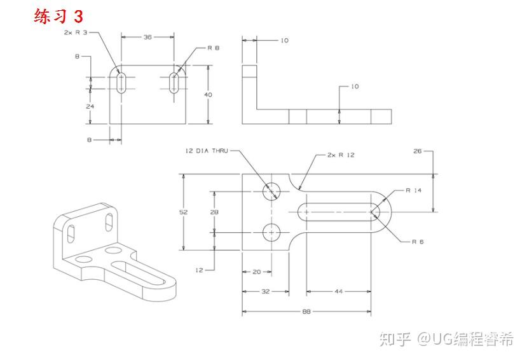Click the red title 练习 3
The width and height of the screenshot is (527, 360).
click(58, 16)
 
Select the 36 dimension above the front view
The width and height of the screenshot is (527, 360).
click(147, 38)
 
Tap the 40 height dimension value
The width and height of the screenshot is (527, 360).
click(208, 94)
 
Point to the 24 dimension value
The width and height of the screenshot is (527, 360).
click(90, 106)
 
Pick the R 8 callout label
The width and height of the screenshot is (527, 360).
click(213, 48)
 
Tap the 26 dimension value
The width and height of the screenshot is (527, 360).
click(417, 151)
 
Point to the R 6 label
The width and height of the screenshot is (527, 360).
click(418, 242)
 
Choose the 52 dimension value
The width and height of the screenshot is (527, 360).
click(183, 212)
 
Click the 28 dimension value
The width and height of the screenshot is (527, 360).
click(215, 212)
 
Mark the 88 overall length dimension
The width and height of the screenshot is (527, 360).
click(307, 312)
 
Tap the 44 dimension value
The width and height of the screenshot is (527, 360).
click(338, 291)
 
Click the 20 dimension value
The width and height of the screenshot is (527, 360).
click(257, 272)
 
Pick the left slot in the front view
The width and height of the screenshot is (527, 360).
click(121, 83)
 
